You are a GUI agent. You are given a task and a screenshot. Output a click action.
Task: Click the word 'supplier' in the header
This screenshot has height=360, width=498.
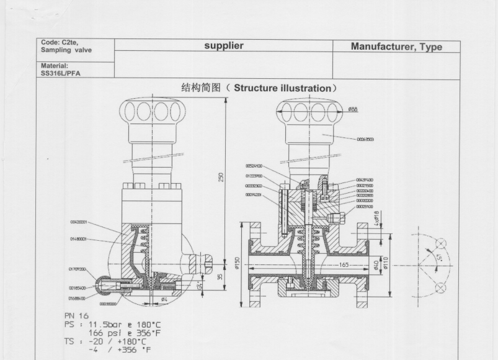[x=224, y=46]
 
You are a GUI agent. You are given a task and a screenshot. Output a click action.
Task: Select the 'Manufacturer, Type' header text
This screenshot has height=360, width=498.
[x=396, y=47]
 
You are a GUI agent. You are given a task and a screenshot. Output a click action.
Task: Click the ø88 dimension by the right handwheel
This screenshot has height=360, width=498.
[x=352, y=109]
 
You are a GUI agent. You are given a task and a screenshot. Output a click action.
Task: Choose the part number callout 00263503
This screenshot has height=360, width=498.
[x=365, y=140]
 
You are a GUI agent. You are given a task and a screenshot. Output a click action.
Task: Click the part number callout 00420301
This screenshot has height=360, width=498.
[x=78, y=222]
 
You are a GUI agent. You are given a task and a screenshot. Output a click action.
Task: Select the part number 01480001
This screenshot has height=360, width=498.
[x=78, y=238]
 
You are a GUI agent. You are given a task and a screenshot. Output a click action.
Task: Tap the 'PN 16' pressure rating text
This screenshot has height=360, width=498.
[x=77, y=316]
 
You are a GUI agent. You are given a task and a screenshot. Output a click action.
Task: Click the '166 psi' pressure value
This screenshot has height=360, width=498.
[x=107, y=333]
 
